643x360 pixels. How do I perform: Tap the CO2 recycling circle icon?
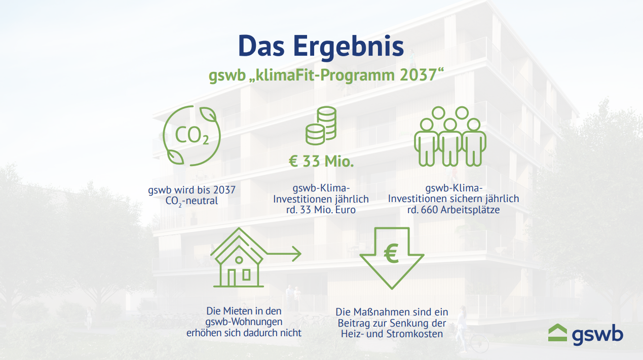point(192,135)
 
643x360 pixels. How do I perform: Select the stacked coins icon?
point(321,126)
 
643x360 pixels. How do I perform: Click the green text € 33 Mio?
point(321,161)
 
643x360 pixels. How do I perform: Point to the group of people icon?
point(450,136)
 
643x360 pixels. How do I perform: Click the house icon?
point(239,257)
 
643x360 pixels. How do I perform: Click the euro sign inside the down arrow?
point(391,253)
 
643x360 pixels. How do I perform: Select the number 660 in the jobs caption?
point(430,210)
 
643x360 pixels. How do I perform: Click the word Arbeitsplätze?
point(470,210)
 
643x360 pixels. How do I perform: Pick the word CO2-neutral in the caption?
point(192,201)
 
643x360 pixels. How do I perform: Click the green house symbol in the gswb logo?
point(557,333)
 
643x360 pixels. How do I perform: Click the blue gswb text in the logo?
point(597,335)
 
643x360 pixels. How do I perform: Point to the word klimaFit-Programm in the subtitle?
point(325,75)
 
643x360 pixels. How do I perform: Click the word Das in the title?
point(261,47)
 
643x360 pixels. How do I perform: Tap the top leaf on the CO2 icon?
point(208,114)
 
